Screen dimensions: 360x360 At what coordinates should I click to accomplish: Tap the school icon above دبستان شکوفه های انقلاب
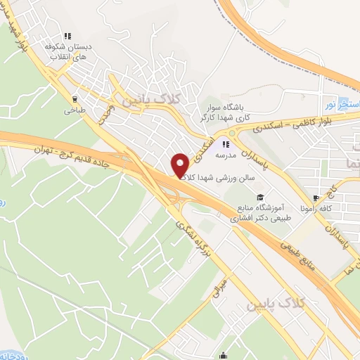(67, 36)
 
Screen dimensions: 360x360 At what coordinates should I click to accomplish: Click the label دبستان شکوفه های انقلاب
(67, 51)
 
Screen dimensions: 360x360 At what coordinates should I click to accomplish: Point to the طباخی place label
(75, 110)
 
